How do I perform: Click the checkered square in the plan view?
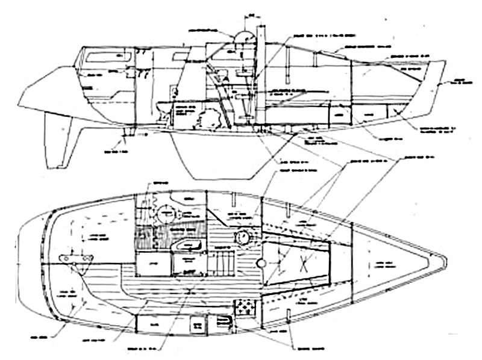[x=245, y=308]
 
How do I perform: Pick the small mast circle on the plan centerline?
[x=261, y=264]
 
